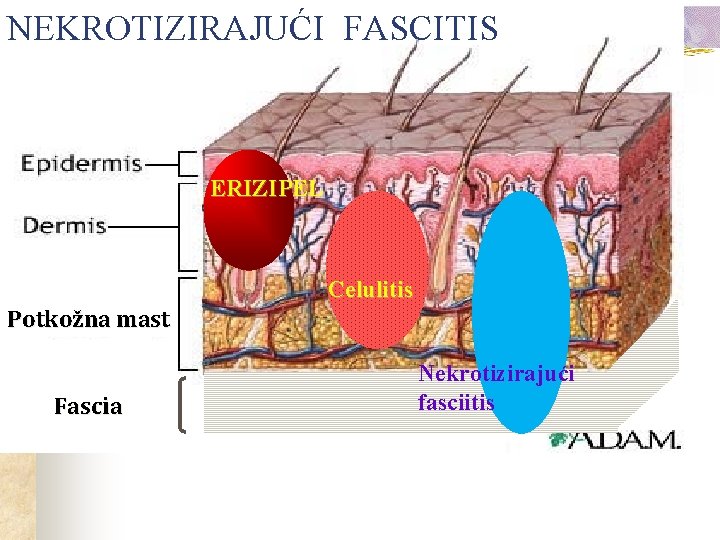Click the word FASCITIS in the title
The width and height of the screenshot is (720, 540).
coord(420,27)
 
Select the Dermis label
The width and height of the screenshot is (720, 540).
coord(65,226)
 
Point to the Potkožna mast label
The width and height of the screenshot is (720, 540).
coord(88,320)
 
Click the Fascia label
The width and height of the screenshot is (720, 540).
coord(88,406)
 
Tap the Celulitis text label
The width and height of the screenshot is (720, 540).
coord(370,290)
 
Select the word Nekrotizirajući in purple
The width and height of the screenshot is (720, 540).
coord(496,374)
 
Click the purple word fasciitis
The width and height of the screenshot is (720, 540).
coord(456,402)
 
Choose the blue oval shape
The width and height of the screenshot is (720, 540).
coord(520,300)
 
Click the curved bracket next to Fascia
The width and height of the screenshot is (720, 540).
coord(182,404)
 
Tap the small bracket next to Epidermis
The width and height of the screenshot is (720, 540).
coord(190,164)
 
